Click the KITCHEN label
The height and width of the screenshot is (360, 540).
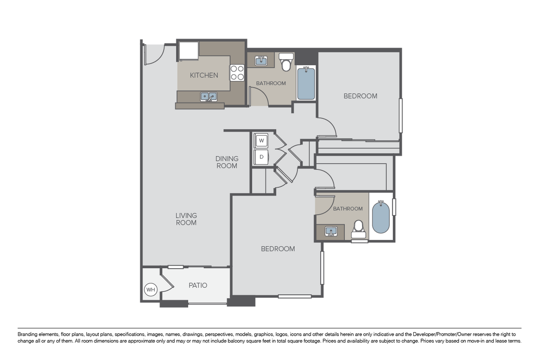pos(204,75)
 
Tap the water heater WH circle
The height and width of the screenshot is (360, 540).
pos(151,289)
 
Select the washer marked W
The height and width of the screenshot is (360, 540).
pos(261,140)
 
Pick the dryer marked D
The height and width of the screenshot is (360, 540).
pos(261,157)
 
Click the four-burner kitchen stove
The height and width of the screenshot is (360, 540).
pos(237,73)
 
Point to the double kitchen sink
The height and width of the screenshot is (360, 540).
pos(209,97)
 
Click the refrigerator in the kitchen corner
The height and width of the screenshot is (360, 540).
pos(189,51)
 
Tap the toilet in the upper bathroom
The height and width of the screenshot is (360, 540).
pos(286,62)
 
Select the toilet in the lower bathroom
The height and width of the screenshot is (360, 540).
pos(358,229)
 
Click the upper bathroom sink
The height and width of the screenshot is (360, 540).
pos(261,61)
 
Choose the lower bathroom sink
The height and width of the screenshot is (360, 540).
pos(331,232)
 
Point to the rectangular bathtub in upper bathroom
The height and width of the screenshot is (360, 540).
pos(306,84)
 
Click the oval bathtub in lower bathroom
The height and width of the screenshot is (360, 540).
pos(381,217)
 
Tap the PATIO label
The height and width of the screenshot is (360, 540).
pos(198,285)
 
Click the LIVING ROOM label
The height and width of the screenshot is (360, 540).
pos(186,219)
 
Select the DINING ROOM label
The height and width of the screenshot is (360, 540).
pos(227,162)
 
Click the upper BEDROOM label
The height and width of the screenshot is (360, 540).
pos(361,96)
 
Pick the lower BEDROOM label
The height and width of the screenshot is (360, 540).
pos(278,249)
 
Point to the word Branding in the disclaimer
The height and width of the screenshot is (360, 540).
pos(28,334)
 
